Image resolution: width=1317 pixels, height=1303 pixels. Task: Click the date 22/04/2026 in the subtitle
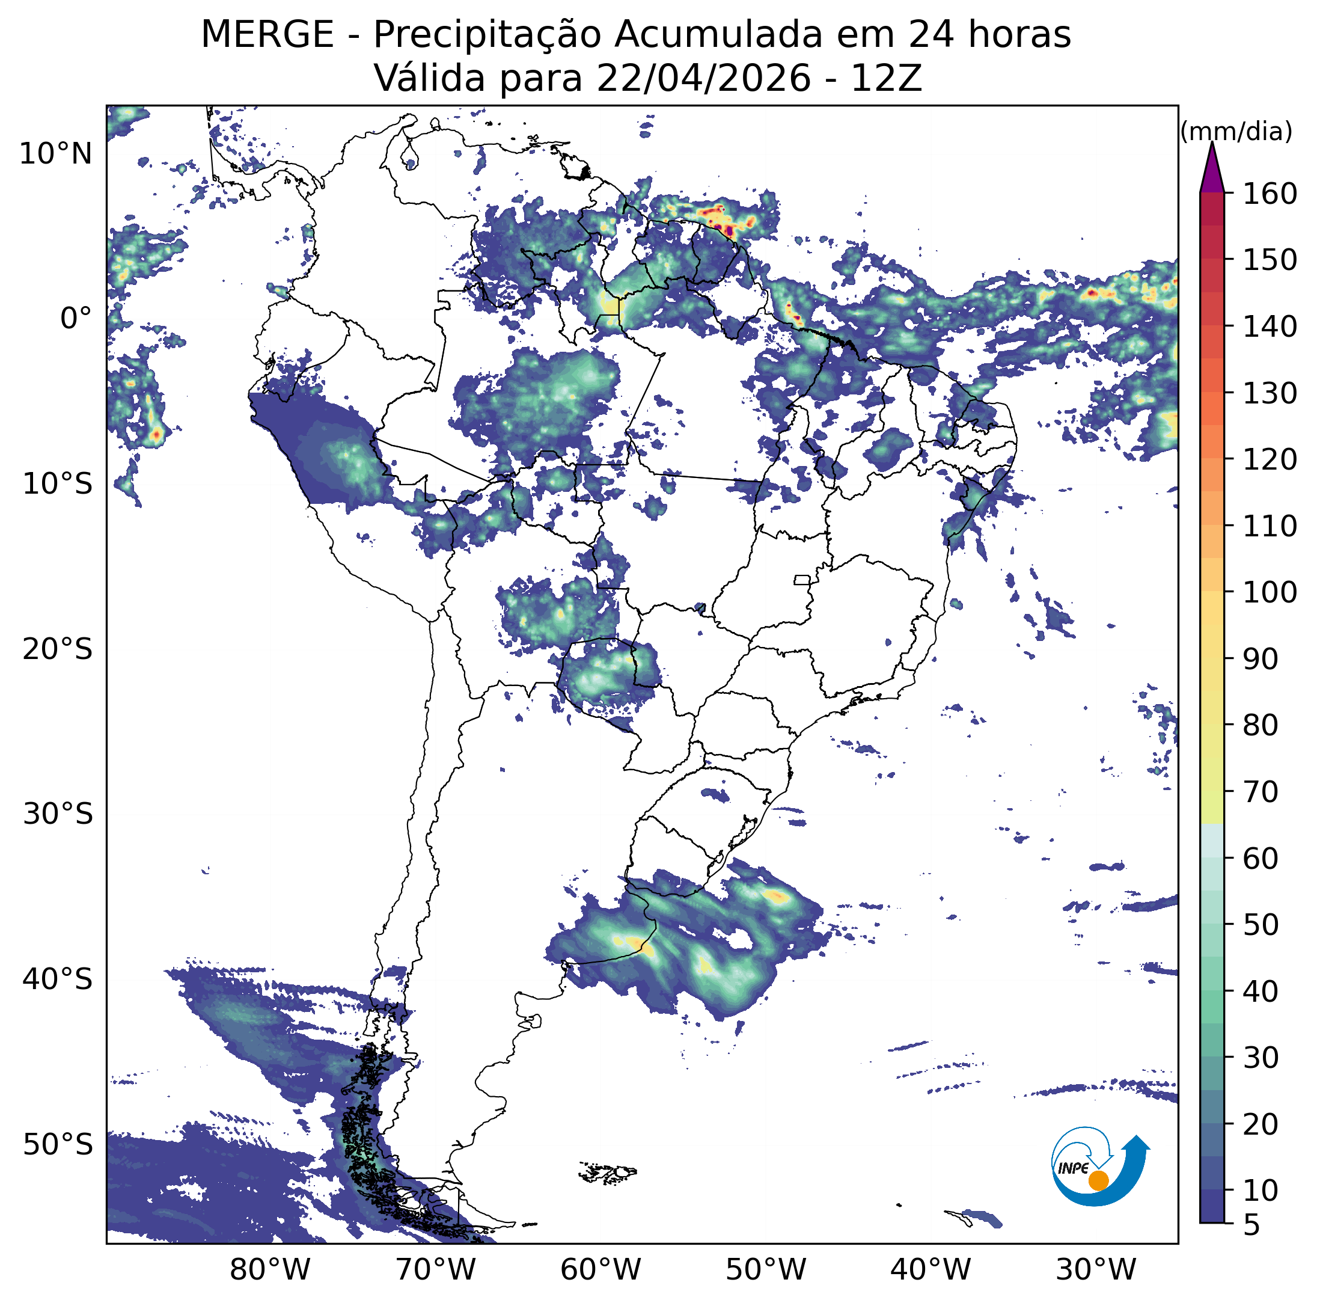(703, 78)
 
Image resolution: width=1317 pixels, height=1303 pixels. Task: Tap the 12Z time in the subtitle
(886, 78)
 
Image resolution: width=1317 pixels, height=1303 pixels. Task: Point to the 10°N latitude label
(55, 154)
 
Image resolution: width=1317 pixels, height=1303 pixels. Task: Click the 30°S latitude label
(57, 814)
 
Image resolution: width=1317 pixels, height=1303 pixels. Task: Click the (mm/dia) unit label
(1236, 131)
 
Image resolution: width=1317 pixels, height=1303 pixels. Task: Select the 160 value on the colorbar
(1270, 194)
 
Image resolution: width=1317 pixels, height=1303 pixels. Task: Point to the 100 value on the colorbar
(1270, 592)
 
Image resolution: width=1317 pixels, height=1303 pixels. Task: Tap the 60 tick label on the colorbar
(1261, 859)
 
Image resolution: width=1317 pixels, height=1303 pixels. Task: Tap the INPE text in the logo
(1073, 1168)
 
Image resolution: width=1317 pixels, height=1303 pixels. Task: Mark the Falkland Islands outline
(607, 1171)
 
